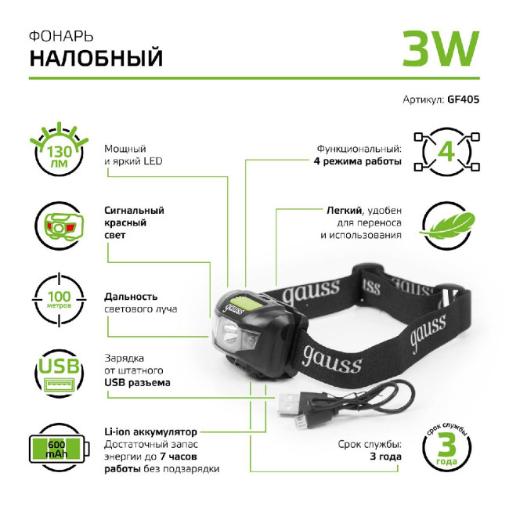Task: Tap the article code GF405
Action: tap(463, 100)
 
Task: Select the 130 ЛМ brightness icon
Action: tap(59, 149)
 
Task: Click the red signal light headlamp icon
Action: tap(59, 226)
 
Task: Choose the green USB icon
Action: tap(59, 374)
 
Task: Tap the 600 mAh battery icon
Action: tap(59, 449)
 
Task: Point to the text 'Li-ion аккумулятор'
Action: tap(150, 431)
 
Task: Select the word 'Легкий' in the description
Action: tap(343, 210)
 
